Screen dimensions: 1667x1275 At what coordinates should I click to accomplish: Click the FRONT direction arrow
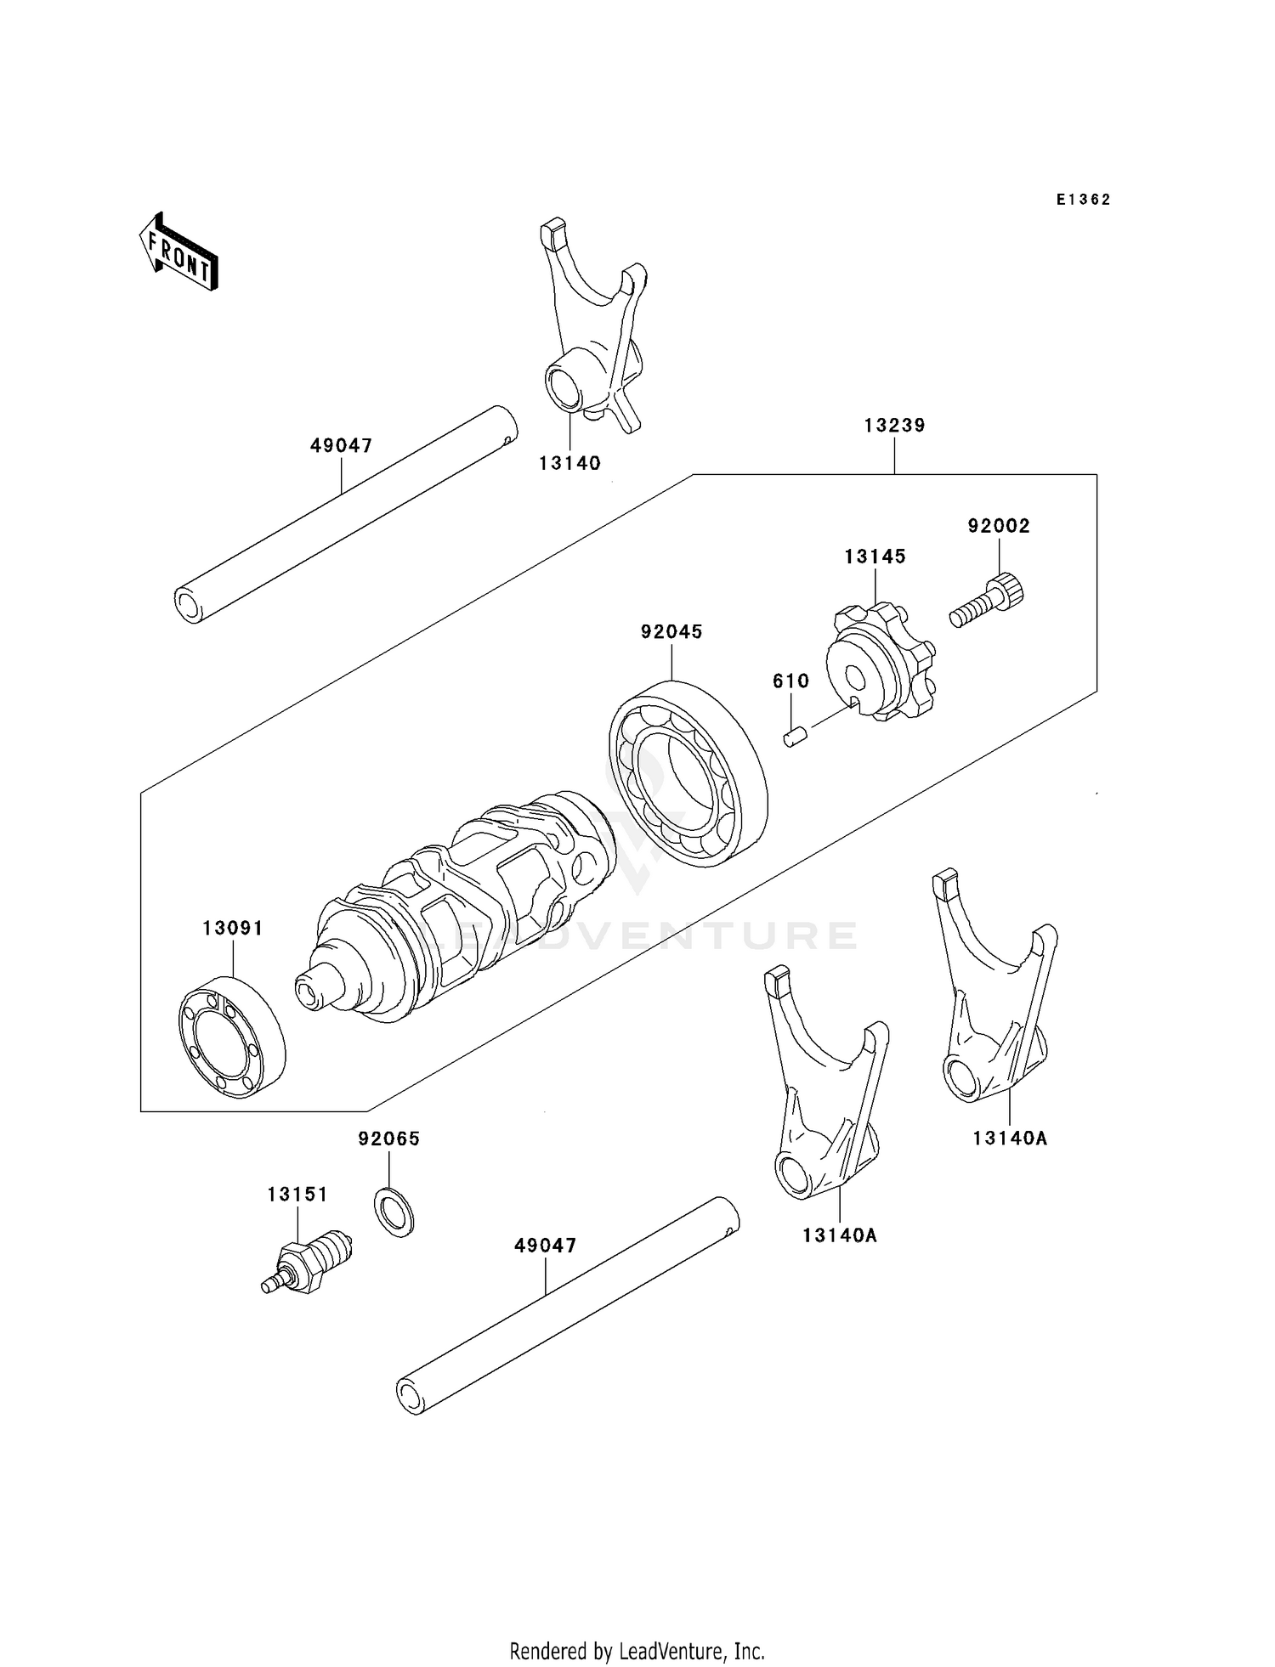click(x=179, y=253)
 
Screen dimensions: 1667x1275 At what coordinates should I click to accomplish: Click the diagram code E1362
click(x=1083, y=200)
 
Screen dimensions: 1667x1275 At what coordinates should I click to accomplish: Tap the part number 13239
click(x=894, y=425)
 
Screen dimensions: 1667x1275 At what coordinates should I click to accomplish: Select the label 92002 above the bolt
click(x=999, y=526)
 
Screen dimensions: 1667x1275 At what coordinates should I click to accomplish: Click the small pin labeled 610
click(x=794, y=736)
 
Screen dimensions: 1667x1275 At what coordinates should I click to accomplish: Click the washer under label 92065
click(x=394, y=1212)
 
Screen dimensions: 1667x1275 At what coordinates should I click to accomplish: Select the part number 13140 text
click(x=569, y=463)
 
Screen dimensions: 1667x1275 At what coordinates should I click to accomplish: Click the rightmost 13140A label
click(x=1010, y=1138)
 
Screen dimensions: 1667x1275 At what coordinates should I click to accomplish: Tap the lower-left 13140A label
click(x=839, y=1235)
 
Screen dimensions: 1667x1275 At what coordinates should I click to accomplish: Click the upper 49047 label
click(x=341, y=445)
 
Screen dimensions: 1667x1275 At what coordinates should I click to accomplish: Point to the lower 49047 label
click(x=545, y=1246)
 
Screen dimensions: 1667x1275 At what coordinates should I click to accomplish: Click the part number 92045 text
click(x=671, y=631)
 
